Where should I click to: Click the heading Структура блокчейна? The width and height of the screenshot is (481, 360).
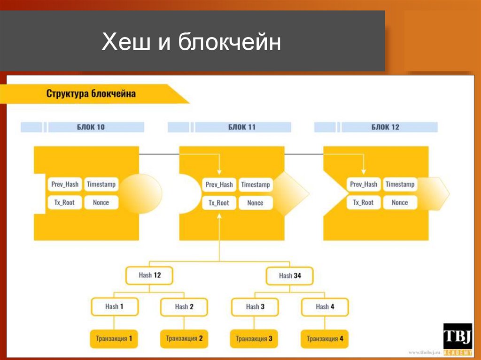click(x=91, y=93)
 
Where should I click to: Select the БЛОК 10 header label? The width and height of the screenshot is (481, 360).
click(x=91, y=127)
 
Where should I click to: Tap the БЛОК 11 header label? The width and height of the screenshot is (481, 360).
click(x=242, y=127)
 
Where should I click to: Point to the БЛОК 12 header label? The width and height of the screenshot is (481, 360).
click(x=385, y=127)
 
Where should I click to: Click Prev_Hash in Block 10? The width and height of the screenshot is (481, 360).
click(x=65, y=184)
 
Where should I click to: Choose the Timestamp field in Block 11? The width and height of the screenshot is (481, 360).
click(x=255, y=184)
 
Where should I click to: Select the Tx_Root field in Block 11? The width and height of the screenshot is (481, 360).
click(x=219, y=203)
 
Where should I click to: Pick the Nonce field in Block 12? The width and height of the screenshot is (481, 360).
click(x=400, y=203)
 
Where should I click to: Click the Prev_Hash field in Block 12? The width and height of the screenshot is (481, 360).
click(x=364, y=184)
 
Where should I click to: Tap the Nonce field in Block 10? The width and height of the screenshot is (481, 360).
click(x=101, y=203)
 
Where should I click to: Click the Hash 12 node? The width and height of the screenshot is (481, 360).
click(x=149, y=276)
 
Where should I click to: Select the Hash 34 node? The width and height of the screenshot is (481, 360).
click(x=290, y=276)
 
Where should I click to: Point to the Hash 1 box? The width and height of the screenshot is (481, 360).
click(x=115, y=306)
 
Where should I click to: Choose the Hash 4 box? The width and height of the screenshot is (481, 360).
click(x=325, y=307)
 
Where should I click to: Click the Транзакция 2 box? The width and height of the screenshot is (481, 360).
click(x=184, y=338)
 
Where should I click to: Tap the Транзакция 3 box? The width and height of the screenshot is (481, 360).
click(x=254, y=338)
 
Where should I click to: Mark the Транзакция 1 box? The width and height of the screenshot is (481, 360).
click(x=114, y=338)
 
